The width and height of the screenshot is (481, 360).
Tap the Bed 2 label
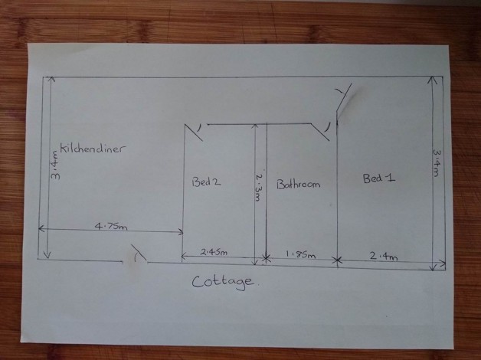pyautogui.click(x=206, y=182)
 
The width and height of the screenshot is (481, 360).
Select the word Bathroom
pyautogui.click(x=297, y=185)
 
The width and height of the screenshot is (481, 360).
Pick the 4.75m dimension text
pyautogui.click(x=111, y=225)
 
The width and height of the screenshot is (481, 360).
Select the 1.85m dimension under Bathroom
pyautogui.click(x=300, y=254)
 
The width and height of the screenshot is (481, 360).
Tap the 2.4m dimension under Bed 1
pyautogui.click(x=384, y=257)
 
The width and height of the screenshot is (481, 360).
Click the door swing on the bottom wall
pyautogui.click(x=139, y=253)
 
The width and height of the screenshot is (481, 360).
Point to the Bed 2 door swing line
pyautogui.click(x=195, y=133)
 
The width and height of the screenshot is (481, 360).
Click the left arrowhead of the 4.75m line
pyautogui.click(x=41, y=229)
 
